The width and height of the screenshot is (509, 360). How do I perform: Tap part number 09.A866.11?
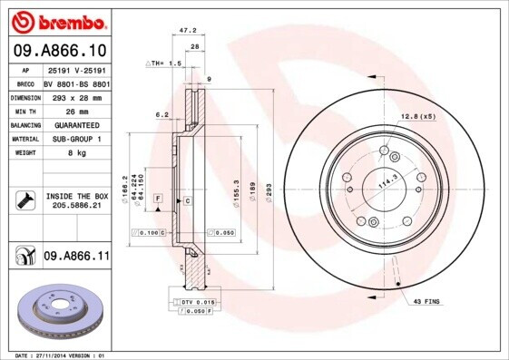click(x=76, y=258)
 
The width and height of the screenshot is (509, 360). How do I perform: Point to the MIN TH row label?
click(x=24, y=111)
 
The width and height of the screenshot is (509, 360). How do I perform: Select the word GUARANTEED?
click(x=75, y=125)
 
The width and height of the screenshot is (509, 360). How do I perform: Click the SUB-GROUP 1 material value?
click(x=75, y=139)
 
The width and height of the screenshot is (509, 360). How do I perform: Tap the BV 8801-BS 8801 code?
click(x=76, y=83)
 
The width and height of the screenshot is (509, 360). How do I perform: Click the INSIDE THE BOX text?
click(x=76, y=196)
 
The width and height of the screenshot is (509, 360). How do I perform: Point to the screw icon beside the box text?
click(x=25, y=200)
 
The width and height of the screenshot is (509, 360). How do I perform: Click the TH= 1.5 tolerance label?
click(x=165, y=63)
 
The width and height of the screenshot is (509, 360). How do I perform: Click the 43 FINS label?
click(x=426, y=300)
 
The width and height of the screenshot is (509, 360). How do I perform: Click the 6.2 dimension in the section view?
click(x=162, y=115)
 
